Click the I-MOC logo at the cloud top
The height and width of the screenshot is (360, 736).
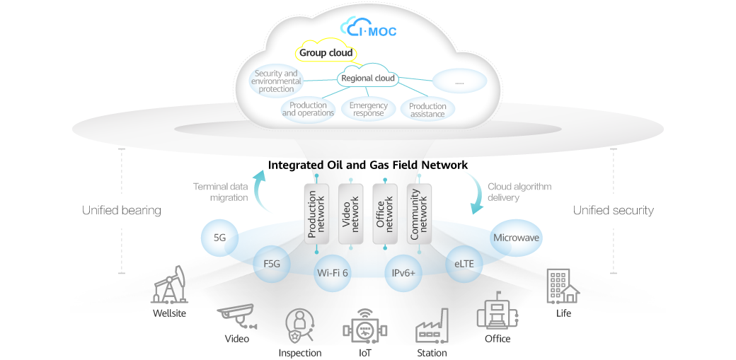click(x=368, y=28)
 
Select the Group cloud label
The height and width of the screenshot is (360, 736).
click(x=326, y=53)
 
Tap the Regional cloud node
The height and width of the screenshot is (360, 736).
click(x=367, y=79)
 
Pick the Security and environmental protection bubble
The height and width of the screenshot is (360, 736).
click(x=276, y=81)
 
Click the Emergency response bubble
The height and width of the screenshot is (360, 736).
click(x=368, y=109)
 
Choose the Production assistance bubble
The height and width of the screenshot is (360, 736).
click(x=427, y=110)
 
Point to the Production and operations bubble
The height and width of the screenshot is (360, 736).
click(x=308, y=110)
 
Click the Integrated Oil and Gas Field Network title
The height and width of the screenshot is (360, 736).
click(x=368, y=166)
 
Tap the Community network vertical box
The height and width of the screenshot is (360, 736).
click(x=419, y=213)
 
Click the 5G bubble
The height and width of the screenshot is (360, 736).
click(x=219, y=238)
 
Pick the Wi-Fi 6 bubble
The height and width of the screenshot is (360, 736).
click(x=332, y=273)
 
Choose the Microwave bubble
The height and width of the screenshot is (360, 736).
click(x=516, y=238)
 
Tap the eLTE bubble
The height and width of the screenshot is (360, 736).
click(x=464, y=264)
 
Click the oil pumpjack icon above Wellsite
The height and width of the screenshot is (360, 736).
click(x=169, y=285)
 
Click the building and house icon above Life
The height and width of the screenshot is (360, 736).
click(x=563, y=286)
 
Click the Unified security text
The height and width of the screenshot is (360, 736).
click(x=613, y=210)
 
